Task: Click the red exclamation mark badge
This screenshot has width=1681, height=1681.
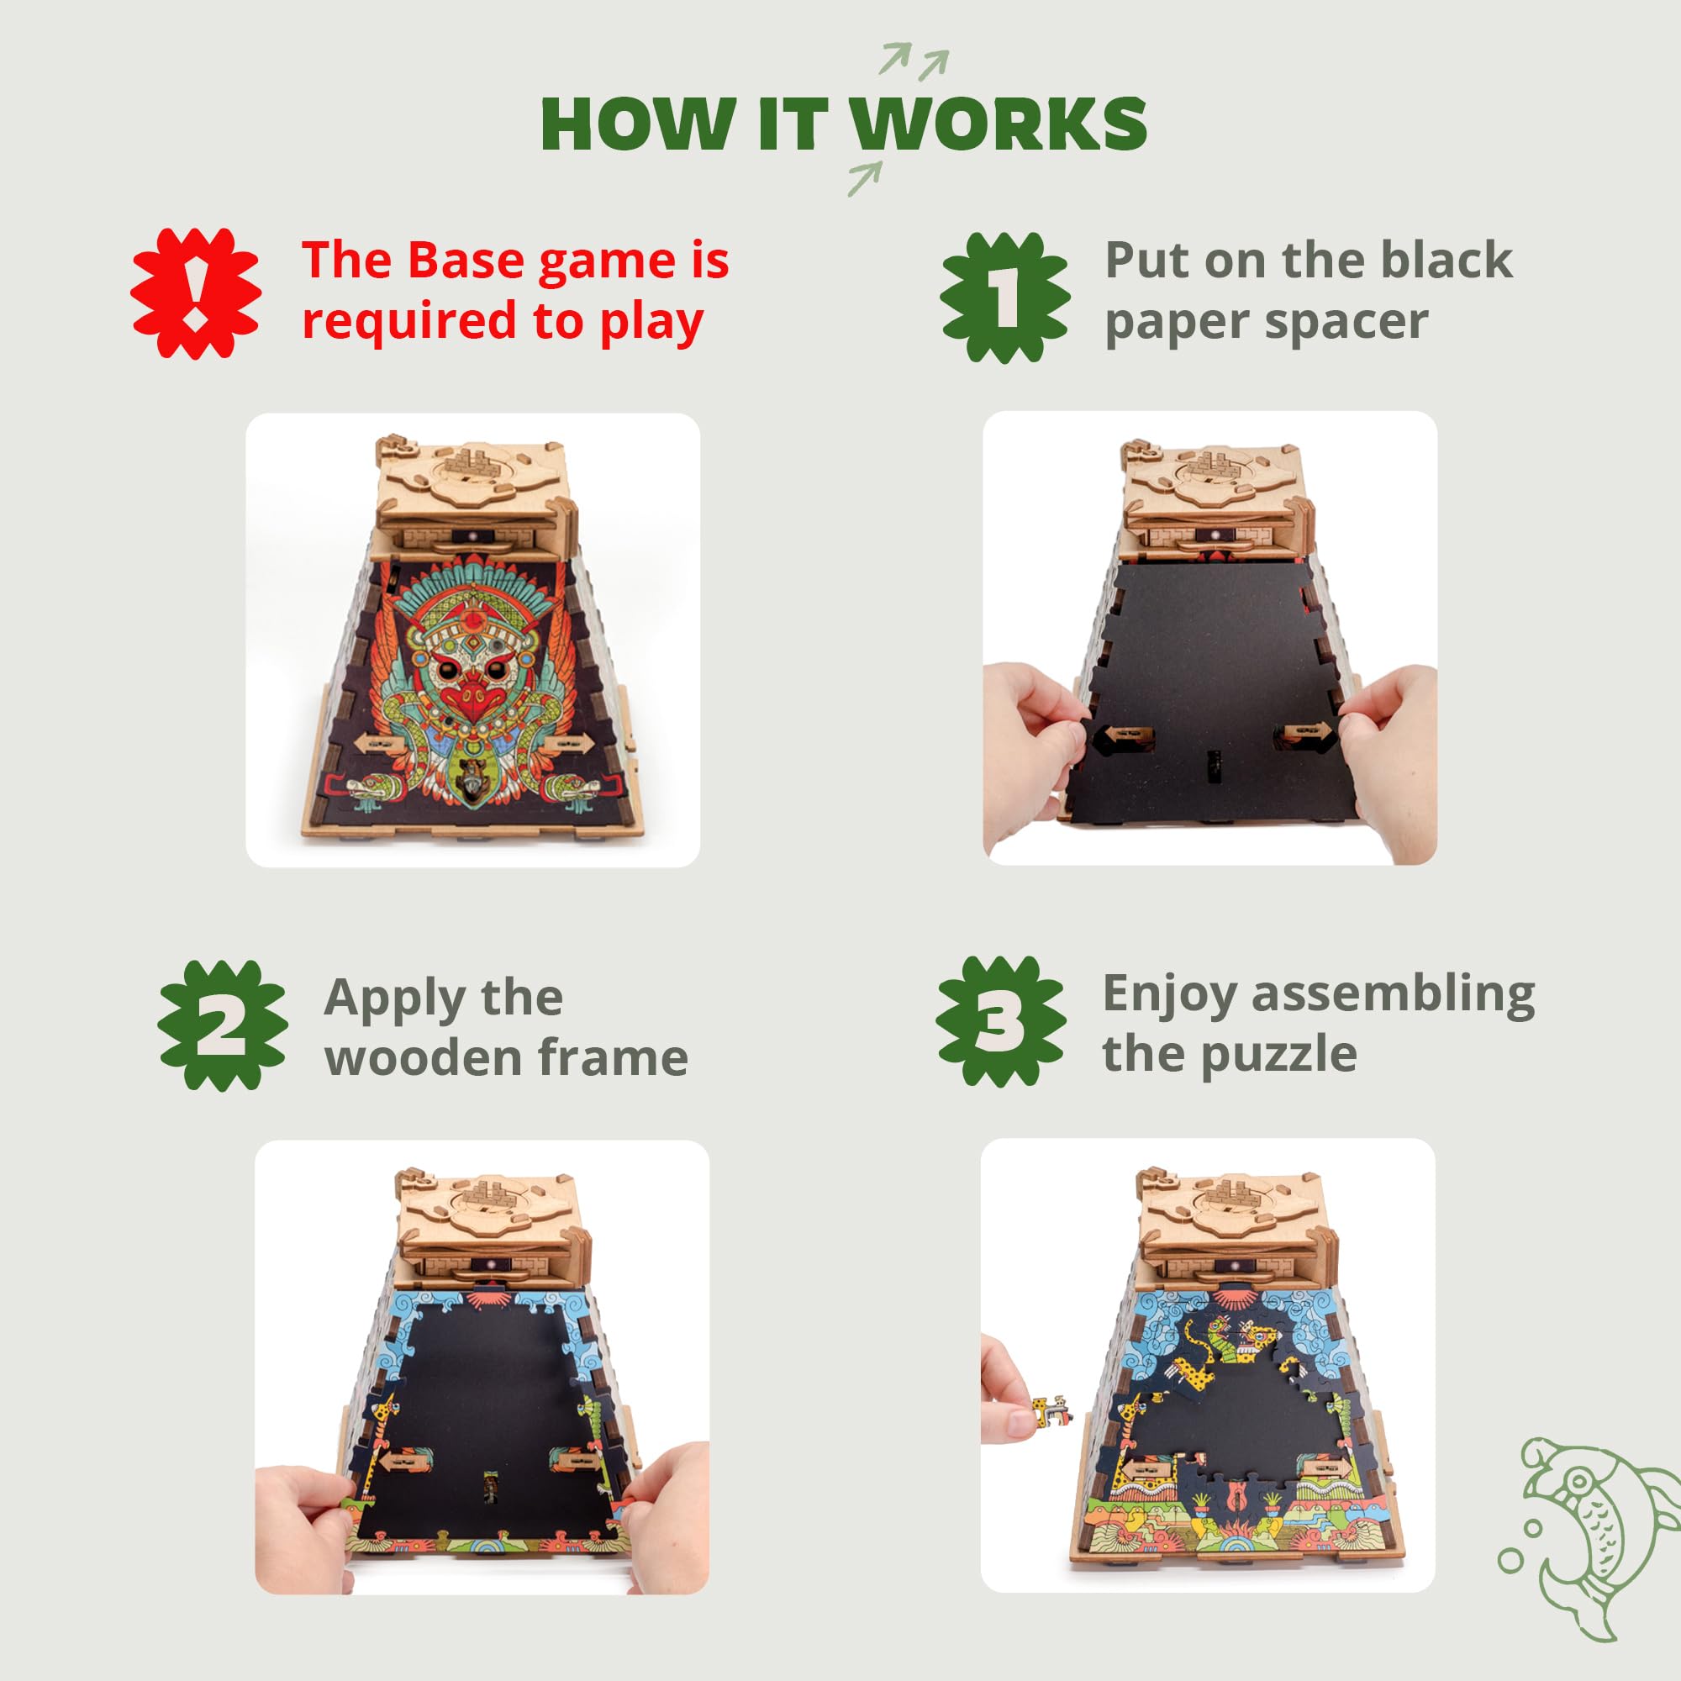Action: coord(196,293)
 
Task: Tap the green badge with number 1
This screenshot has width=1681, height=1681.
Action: coord(1005,298)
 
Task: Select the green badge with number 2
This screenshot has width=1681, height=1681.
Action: coord(223,1025)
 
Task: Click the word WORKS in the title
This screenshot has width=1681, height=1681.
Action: coord(998,124)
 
